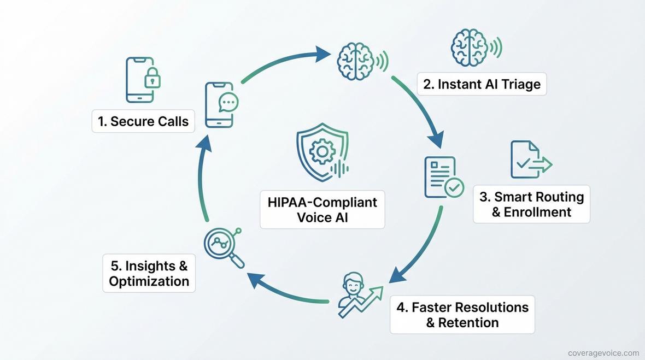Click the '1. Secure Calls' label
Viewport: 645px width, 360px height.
tap(143, 121)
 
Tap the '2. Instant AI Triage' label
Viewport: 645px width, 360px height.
tap(481, 84)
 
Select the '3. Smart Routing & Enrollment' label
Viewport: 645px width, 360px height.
tap(531, 204)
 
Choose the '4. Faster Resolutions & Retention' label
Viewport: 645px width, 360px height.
tap(462, 315)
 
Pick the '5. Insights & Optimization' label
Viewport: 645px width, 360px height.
tap(149, 273)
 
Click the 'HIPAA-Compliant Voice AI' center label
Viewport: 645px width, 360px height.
tap(322, 209)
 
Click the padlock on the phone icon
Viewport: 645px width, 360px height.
tap(153, 79)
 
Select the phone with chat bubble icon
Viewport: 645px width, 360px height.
tap(221, 105)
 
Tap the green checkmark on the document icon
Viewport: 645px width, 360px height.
tap(454, 188)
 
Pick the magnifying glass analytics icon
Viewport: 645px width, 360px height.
tap(222, 247)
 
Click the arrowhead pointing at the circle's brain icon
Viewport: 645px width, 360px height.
tap(324, 54)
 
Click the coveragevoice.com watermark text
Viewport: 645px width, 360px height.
tap(603, 353)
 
